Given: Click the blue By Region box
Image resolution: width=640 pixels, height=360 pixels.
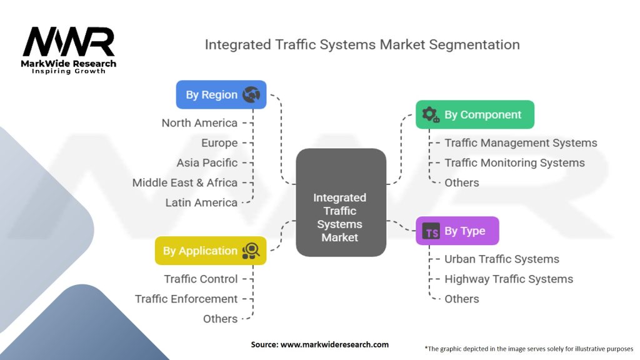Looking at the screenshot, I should (221, 95).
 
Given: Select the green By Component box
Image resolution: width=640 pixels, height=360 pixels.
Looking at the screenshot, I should (475, 114).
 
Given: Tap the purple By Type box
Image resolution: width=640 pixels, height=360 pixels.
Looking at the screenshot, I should (457, 231).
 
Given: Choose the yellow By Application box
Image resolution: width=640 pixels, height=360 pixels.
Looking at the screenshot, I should (211, 251).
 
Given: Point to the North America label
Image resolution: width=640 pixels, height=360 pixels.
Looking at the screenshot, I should (199, 122).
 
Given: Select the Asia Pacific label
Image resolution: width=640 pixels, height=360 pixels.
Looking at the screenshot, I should (207, 162).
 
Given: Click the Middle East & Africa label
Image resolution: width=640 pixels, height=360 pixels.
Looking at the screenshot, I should (185, 182).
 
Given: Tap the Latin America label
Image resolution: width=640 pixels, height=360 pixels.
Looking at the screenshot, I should (201, 202).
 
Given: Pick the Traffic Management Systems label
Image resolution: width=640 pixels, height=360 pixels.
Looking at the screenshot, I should (521, 143).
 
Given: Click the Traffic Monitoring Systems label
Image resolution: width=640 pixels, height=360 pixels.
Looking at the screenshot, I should (514, 162).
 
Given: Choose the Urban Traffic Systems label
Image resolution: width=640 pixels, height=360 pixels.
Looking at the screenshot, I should (502, 259).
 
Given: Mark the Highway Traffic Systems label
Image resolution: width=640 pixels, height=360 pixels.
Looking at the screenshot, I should (509, 279).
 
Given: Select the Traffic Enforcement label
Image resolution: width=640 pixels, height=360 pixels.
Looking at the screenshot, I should (186, 299).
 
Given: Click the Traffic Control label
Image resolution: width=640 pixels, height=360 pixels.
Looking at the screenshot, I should (201, 279).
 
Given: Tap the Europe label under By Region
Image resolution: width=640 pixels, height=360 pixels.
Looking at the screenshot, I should (219, 142).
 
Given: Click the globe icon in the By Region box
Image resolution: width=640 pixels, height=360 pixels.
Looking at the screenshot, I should (252, 95).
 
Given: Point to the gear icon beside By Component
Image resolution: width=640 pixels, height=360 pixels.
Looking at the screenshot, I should (430, 114).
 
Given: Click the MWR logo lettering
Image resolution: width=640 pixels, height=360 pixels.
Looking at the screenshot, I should (69, 42).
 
